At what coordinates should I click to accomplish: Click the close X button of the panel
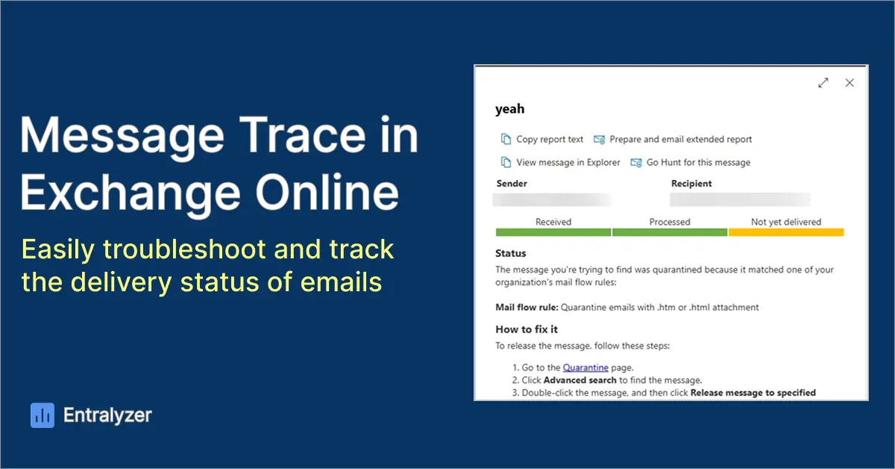850,83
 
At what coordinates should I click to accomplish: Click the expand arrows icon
823,83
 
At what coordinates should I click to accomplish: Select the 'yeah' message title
510,109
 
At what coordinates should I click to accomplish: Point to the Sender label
512,184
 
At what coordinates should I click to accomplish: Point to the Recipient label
691,184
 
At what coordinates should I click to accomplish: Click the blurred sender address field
552,199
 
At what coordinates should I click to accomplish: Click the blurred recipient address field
741,199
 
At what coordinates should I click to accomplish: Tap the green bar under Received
553,232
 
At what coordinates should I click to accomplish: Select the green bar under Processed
670,232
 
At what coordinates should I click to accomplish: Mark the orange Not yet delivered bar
786,232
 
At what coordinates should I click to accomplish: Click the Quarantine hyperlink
585,367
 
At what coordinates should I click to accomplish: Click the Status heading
511,253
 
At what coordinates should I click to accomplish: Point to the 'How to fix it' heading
527,329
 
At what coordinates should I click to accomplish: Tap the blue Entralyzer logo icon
43,415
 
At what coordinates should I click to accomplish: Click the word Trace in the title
302,135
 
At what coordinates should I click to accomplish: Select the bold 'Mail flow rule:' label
527,308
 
